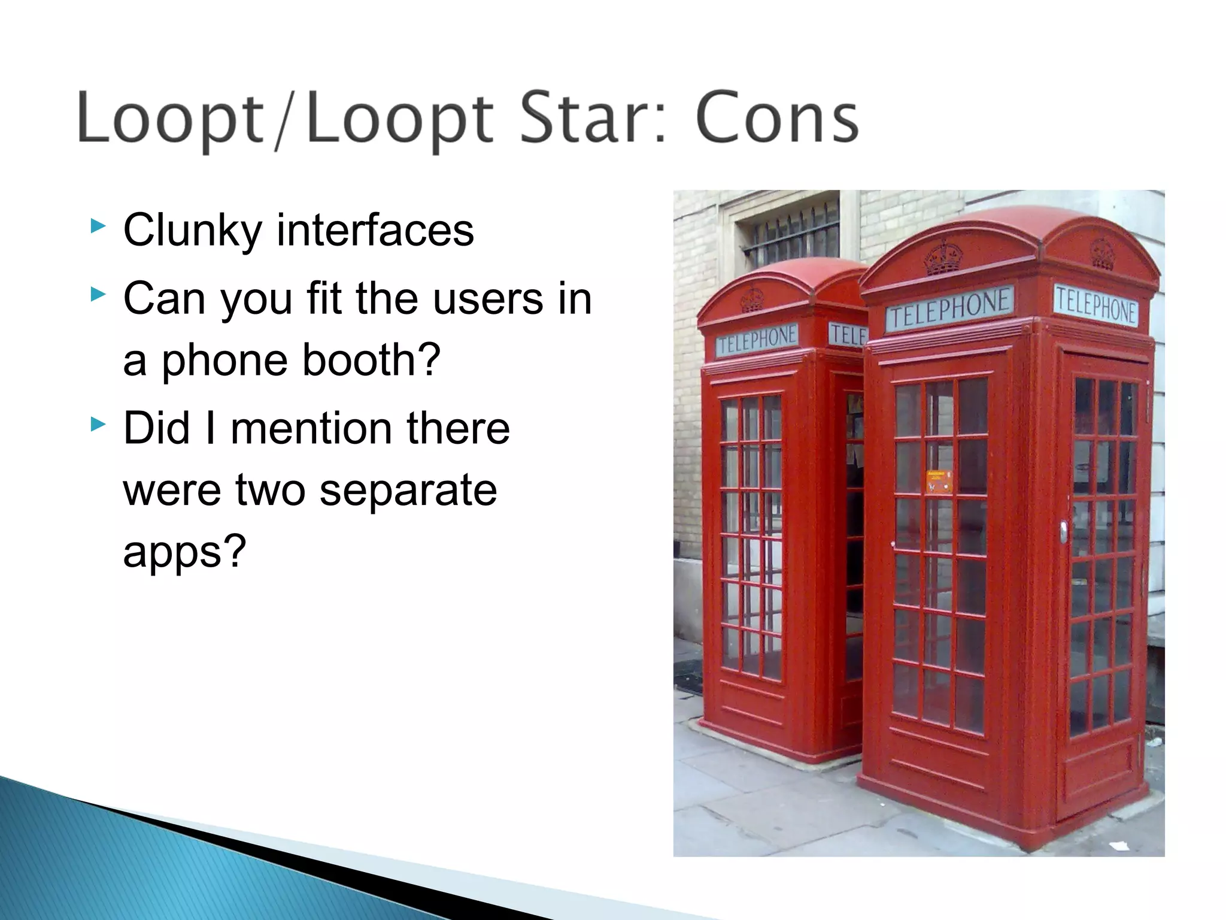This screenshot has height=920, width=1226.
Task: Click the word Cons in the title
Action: click(776, 118)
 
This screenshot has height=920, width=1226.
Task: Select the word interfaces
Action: click(375, 231)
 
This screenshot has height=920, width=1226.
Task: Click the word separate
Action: click(408, 490)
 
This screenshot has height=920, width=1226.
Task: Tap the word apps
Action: click(184, 552)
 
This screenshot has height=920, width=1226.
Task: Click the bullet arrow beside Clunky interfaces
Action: click(98, 226)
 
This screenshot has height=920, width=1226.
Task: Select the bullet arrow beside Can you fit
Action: click(98, 294)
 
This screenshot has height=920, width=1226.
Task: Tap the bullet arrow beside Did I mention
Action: click(98, 425)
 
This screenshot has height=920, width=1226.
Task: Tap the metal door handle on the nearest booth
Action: click(1063, 531)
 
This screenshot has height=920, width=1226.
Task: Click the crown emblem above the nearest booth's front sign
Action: click(944, 258)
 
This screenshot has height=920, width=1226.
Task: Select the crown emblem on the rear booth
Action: click(752, 299)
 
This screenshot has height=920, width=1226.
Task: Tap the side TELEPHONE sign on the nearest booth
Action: click(1095, 306)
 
